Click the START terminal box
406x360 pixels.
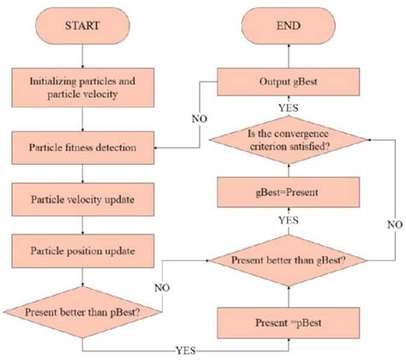[x=81, y=26]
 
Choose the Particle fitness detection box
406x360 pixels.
[x=81, y=147]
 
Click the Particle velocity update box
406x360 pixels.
[x=81, y=201]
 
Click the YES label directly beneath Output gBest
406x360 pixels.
[x=289, y=107]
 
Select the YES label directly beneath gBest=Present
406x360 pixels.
[x=289, y=221]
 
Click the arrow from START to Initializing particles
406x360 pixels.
[x=81, y=57]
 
